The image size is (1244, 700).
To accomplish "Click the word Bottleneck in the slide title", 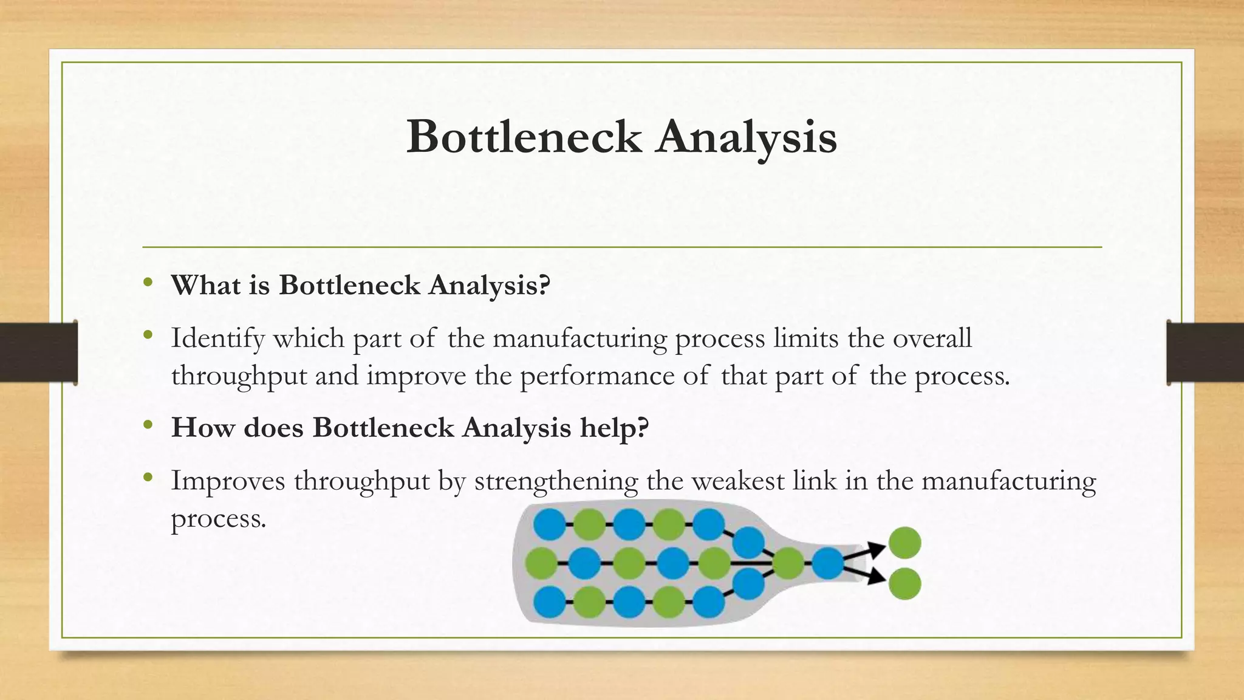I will tap(524, 137).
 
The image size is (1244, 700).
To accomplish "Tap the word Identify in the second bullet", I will tap(217, 338).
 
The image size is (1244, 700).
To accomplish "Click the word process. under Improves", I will tap(219, 518).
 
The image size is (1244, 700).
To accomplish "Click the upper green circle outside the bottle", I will tap(904, 543).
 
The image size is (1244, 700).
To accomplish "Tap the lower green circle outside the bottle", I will tap(904, 583).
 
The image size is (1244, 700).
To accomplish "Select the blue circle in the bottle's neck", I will tap(828, 563).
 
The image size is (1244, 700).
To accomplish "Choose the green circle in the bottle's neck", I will tap(788, 563).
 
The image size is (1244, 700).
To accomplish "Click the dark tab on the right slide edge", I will tap(1205, 352).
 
